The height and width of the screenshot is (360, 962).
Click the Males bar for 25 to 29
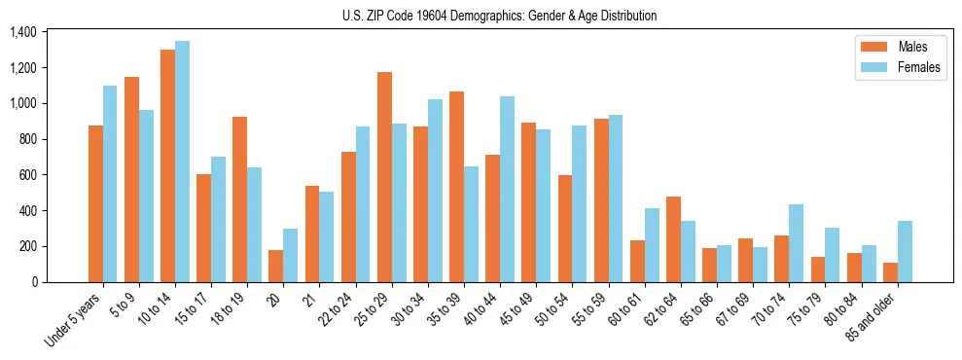(384, 177)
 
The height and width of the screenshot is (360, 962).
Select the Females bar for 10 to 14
(182, 162)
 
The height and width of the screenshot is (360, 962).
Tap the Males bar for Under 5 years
(95, 203)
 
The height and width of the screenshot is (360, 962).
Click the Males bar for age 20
(276, 266)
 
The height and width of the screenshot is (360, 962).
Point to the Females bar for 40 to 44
(507, 189)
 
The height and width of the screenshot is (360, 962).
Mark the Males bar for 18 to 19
(239, 199)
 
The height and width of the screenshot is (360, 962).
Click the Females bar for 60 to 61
(652, 245)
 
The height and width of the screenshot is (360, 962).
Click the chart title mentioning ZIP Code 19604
(499, 16)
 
